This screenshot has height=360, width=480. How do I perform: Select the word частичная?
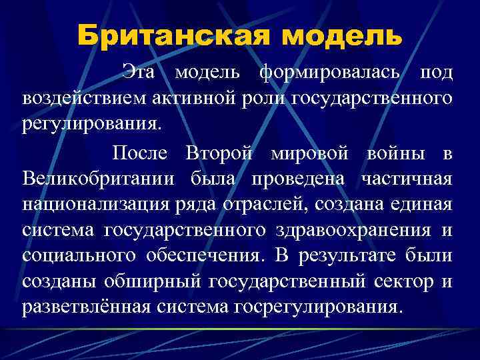tap(407, 179)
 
